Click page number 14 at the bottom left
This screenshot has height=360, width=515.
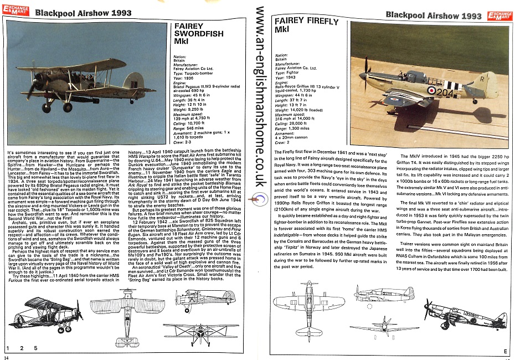(x=6, y=356)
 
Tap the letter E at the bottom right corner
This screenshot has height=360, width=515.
(x=505, y=351)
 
